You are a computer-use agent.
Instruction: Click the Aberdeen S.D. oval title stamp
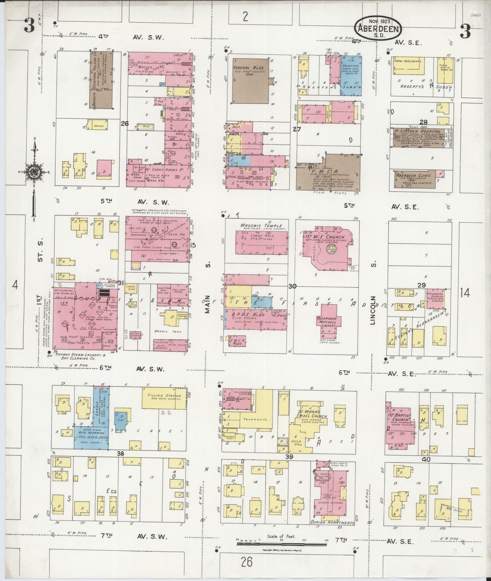point(378,27)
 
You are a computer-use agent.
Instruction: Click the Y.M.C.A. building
point(326,173)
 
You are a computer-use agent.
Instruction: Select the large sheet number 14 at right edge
point(465,292)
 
